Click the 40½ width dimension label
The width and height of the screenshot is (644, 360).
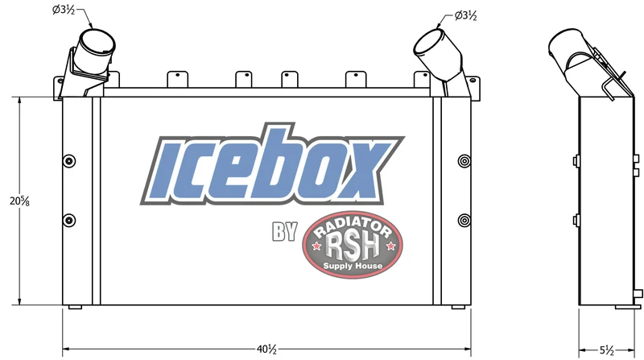tap(267, 350)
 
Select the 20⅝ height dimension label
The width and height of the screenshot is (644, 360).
tap(19, 201)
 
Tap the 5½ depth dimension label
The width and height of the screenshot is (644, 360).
tap(606, 350)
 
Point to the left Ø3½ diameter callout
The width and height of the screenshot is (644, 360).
tap(64, 10)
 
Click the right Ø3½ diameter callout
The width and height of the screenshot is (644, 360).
tap(466, 15)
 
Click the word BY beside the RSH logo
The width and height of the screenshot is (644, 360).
tap(285, 231)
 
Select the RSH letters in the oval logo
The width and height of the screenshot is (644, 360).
tap(352, 246)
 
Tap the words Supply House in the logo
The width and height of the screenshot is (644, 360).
tap(353, 266)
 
